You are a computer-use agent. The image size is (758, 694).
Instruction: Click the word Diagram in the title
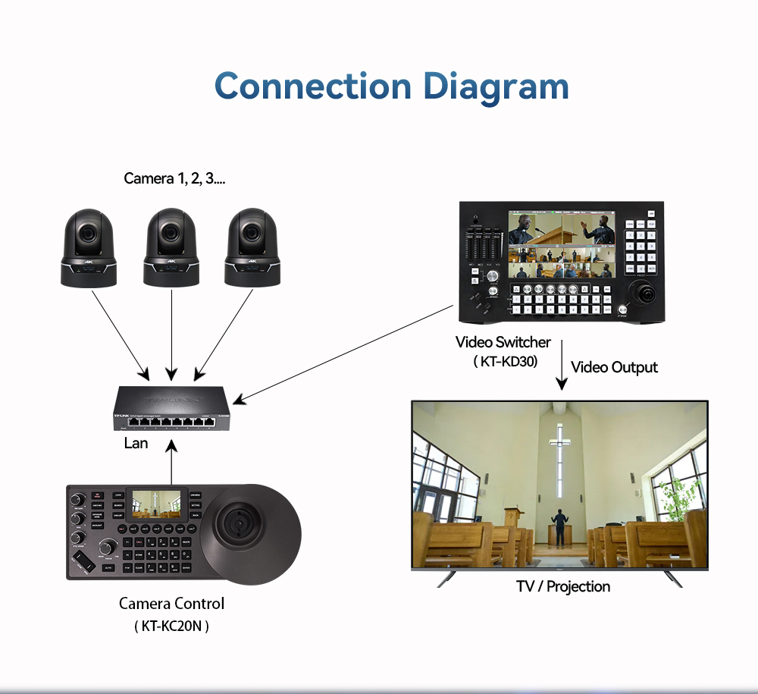(x=496, y=87)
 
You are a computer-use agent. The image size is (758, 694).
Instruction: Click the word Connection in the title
(x=313, y=86)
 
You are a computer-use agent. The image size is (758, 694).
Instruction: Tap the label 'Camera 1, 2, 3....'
(x=174, y=179)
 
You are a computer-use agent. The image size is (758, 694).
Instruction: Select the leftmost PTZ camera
(x=89, y=247)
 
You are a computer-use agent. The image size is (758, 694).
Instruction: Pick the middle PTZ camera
(x=172, y=247)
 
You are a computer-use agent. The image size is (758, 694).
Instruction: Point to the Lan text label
(x=136, y=443)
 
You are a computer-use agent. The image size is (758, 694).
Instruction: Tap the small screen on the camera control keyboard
(x=157, y=503)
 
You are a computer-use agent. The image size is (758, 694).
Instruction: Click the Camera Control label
(x=171, y=604)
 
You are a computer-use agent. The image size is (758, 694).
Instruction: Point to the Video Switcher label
(x=503, y=342)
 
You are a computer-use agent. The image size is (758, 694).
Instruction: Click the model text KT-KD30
(x=505, y=362)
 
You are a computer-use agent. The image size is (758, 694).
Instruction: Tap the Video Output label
(x=614, y=367)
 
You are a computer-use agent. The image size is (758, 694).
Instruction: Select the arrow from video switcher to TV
(x=561, y=366)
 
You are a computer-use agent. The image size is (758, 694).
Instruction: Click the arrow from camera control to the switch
(x=172, y=464)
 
